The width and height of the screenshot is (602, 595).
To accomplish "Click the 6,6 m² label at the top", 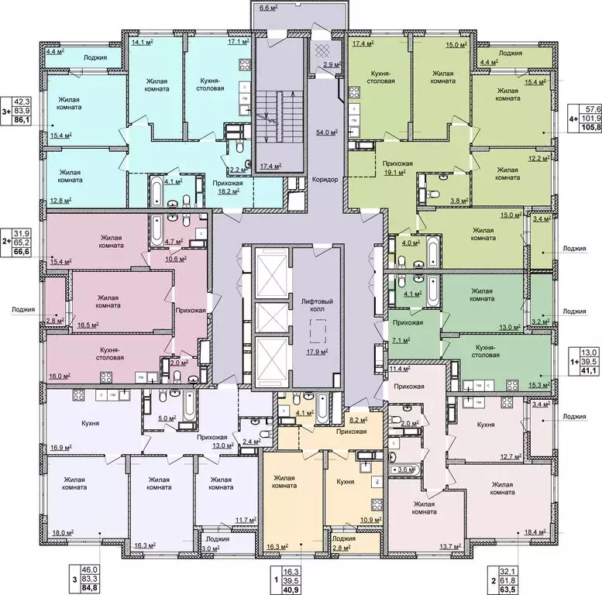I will coord(270,9).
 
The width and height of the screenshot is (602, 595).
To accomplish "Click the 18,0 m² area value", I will coord(62,533).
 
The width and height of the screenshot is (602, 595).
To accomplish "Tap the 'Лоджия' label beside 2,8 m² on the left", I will coord(23,309).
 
